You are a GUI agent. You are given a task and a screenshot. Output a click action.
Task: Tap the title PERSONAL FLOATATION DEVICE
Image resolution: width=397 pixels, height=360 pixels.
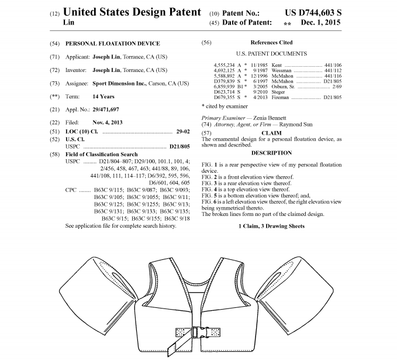click(x=112, y=43)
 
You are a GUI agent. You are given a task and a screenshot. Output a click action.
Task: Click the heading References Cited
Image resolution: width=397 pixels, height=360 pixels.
click(x=271, y=43)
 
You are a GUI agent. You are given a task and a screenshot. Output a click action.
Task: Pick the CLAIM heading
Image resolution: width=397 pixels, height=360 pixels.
click(x=271, y=133)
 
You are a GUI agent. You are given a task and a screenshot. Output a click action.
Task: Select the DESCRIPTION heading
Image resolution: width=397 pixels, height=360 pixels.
click(x=271, y=153)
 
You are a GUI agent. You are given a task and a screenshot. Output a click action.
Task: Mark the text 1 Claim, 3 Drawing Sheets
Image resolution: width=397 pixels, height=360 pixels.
click(x=271, y=226)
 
